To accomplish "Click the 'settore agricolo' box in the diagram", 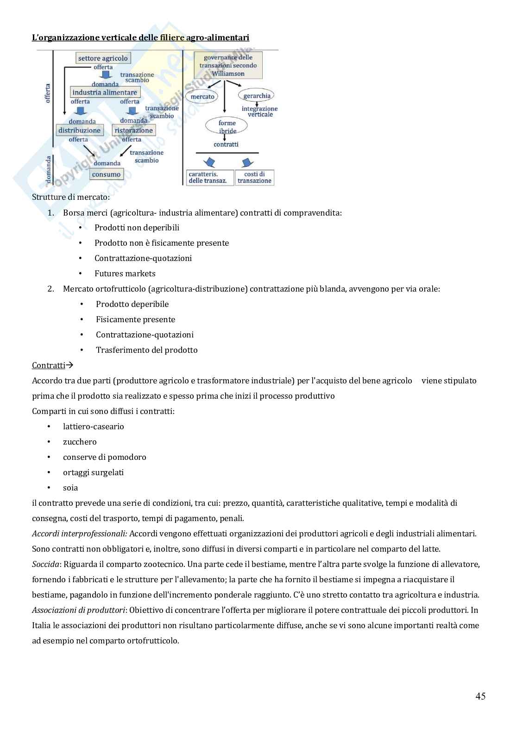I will point(103,58).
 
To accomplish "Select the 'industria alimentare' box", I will point(105,92).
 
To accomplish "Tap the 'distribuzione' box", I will point(79,130).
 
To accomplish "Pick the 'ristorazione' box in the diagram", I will point(133,130).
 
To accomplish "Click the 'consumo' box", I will point(106,174).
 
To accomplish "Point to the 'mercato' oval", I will point(202,96).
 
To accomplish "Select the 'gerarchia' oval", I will point(257,96).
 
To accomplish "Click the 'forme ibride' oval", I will point(227,127).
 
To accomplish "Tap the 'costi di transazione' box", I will point(254,178).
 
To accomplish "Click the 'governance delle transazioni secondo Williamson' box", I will point(228,65).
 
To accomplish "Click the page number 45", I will point(480,696).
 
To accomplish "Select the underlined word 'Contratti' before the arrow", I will point(48,365).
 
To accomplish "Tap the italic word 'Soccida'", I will point(45,564).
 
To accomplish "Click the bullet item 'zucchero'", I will point(80,442).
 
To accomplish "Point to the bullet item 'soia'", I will point(70,488).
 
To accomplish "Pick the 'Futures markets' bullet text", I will point(125,274).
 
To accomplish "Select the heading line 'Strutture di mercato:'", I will point(71,197).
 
